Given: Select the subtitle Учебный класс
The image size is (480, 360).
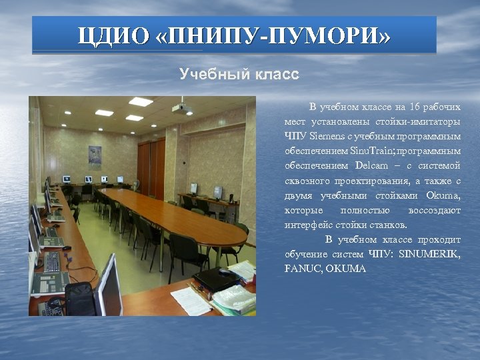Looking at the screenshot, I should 239,74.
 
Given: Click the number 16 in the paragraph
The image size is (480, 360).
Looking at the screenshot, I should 417,107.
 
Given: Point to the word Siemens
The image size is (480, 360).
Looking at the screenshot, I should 326,137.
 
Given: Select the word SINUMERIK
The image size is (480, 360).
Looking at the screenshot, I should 431,254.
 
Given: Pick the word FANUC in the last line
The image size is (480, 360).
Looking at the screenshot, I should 302,269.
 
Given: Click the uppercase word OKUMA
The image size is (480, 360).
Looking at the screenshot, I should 347,269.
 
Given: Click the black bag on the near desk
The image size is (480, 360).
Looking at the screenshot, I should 79,297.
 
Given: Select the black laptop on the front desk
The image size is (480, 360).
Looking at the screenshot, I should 215,279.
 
